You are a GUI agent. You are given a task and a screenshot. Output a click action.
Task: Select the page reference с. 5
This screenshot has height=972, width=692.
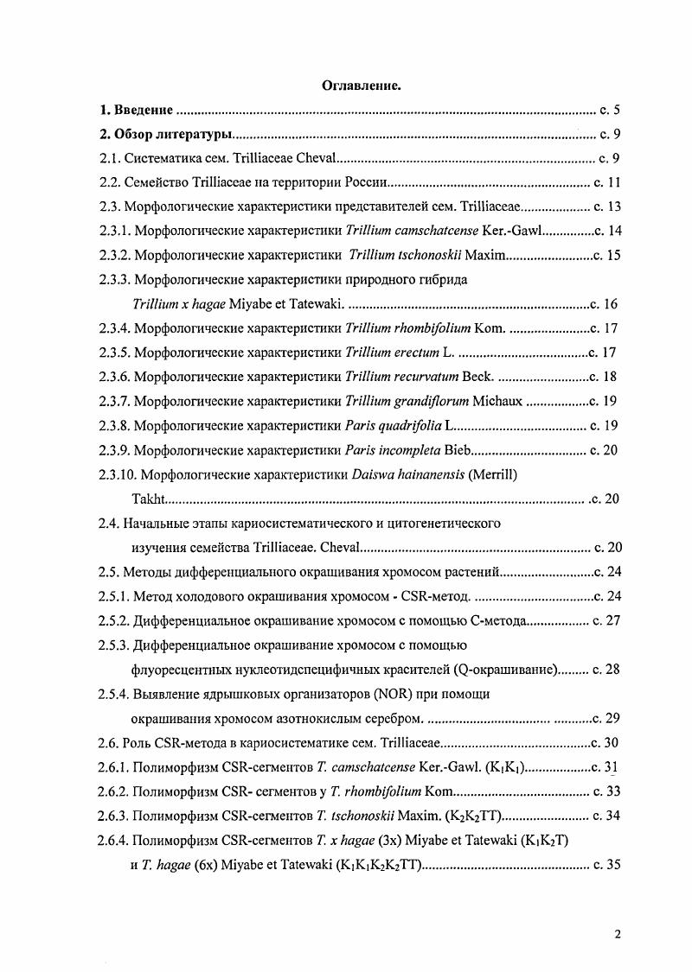click(611, 110)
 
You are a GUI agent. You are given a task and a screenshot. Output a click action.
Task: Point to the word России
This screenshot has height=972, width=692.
click(363, 183)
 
